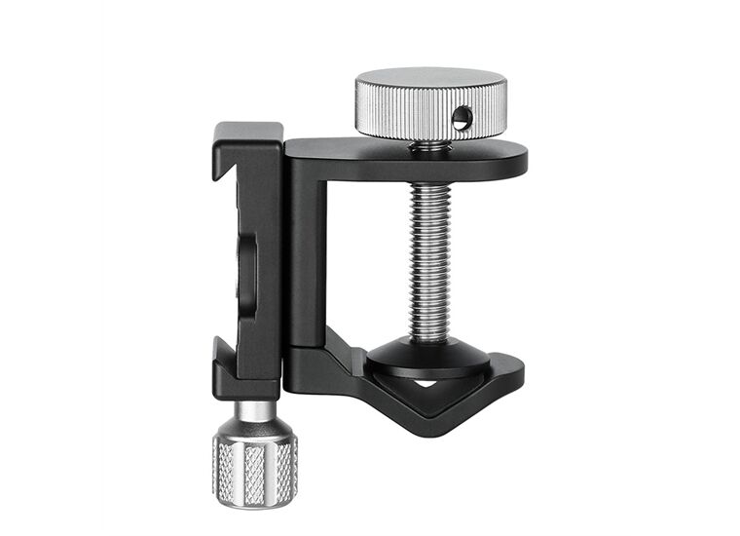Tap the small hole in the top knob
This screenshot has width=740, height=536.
[463, 120]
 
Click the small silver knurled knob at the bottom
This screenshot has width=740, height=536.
[255, 470]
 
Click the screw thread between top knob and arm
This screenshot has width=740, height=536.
[428, 147]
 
